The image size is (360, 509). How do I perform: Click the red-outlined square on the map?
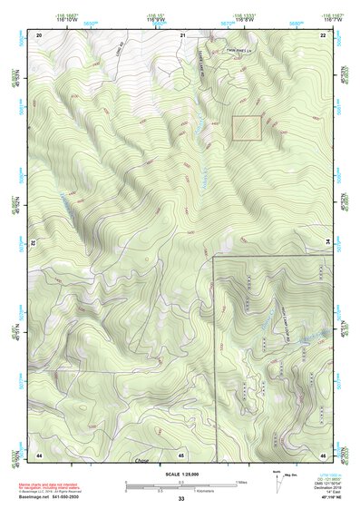(x=246, y=128)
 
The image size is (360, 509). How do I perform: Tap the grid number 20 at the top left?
(x=39, y=34)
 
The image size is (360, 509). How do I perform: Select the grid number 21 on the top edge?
(x=182, y=34)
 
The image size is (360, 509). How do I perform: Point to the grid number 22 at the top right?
(x=323, y=34)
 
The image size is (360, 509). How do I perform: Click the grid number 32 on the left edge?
(x=32, y=243)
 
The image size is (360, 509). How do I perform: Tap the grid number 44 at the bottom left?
(x=39, y=454)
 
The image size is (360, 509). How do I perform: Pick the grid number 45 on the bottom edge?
(x=181, y=454)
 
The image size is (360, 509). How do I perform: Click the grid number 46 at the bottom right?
(x=323, y=454)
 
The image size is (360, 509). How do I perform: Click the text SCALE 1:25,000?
(x=180, y=474)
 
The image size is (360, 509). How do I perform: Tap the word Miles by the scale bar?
(x=243, y=481)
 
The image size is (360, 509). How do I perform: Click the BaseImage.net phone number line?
(x=53, y=497)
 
